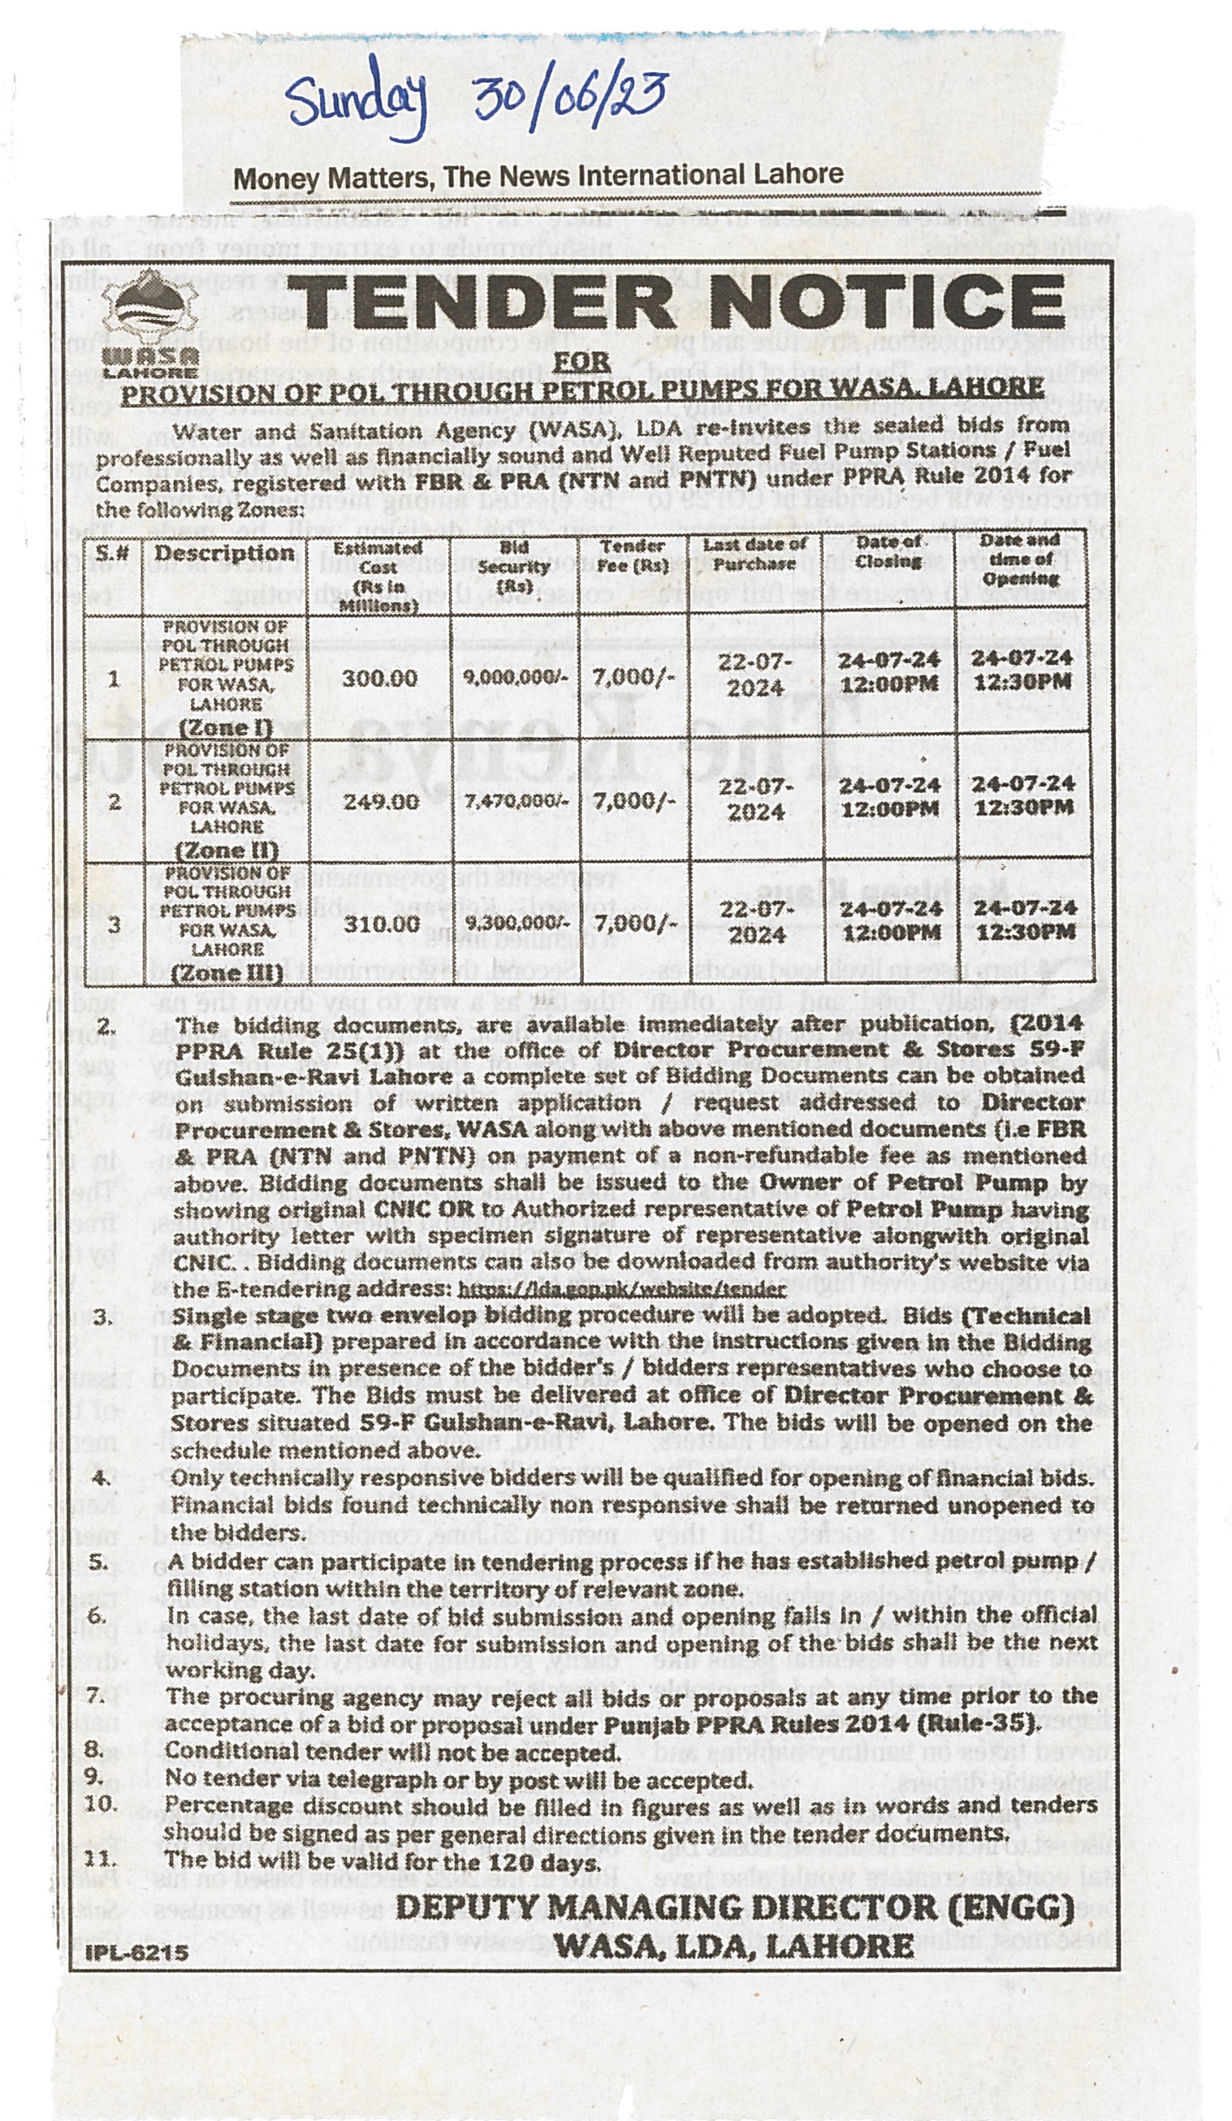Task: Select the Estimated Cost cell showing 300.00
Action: point(379,678)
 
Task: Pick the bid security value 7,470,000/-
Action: point(515,800)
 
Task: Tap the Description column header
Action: point(224,554)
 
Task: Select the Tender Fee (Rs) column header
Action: point(633,556)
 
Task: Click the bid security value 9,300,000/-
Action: point(516,923)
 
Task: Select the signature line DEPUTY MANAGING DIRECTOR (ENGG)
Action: point(734,1908)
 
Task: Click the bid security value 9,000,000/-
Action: point(515,678)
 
